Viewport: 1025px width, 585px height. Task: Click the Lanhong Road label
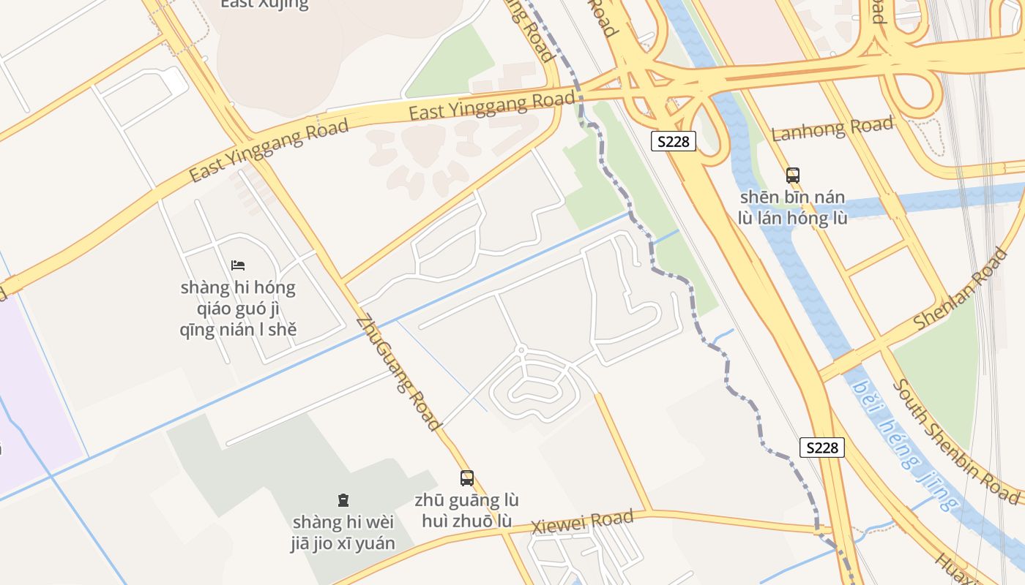point(832,129)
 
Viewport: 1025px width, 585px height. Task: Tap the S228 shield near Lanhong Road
point(673,141)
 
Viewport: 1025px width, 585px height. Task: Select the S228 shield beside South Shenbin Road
point(822,448)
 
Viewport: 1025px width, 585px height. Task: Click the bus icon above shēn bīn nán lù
point(793,175)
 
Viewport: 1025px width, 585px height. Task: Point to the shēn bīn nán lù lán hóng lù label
point(793,207)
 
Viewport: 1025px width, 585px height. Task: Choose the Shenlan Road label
point(961,289)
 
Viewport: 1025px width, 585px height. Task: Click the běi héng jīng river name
point(906,446)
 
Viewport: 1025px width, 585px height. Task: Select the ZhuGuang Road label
point(399,373)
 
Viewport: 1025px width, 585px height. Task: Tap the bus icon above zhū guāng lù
point(467,478)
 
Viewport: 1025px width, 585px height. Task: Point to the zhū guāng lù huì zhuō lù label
point(467,510)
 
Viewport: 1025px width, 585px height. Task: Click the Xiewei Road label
point(582,522)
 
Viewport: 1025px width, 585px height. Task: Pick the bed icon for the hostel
point(238,265)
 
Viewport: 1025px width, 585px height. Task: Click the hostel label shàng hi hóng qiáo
point(238,308)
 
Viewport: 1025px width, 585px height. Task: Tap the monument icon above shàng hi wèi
point(343,500)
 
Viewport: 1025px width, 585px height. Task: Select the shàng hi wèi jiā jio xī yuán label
point(343,532)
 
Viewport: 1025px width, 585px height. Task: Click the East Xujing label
point(264,4)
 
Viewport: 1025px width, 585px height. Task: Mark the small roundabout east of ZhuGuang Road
point(521,350)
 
